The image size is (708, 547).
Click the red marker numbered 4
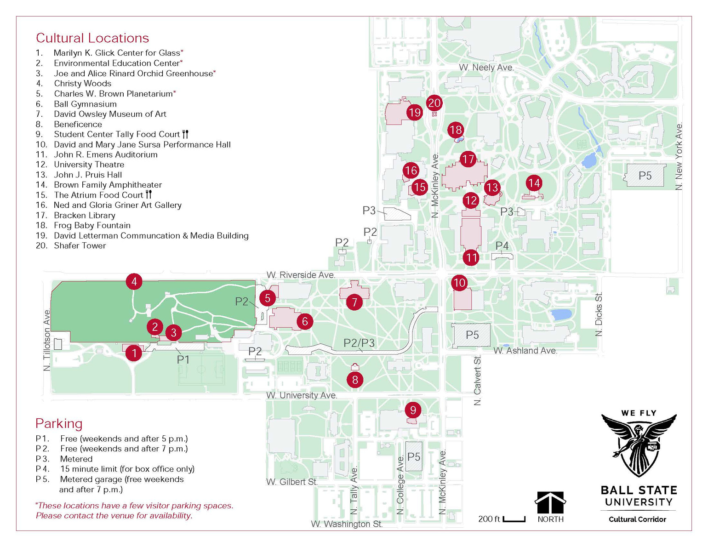(134, 281)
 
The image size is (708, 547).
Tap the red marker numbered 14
(534, 183)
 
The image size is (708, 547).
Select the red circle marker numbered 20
(434, 103)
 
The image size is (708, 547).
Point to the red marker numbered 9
(413, 410)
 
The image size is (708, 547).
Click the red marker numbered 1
(134, 353)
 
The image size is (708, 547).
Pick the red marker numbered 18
(456, 130)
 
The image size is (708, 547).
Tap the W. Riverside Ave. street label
(301, 275)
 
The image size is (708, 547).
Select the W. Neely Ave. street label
(486, 68)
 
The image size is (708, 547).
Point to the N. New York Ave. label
(679, 156)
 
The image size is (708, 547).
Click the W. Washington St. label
(347, 524)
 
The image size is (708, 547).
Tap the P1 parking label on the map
(183, 359)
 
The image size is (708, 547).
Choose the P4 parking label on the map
(502, 246)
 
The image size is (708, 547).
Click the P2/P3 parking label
(359, 342)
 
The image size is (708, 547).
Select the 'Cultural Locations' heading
(92, 38)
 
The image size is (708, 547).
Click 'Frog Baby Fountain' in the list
(92, 225)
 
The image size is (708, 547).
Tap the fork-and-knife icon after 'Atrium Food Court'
(148, 194)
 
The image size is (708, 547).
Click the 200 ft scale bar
(514, 519)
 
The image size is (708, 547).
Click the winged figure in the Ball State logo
(639, 444)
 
